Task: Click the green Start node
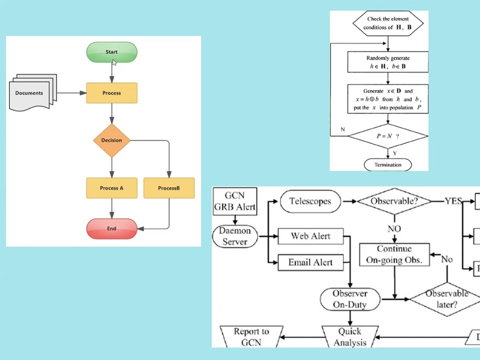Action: click(112, 52)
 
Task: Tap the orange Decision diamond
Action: click(112, 140)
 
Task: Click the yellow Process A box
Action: click(112, 188)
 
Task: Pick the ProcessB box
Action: click(169, 188)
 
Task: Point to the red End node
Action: click(112, 228)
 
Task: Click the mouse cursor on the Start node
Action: click(114, 61)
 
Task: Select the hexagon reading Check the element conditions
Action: click(389, 23)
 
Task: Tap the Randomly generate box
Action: click(389, 62)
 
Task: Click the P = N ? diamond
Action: click(389, 136)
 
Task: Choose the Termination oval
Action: click(389, 164)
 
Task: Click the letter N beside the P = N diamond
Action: click(343, 130)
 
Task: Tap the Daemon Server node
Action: click(235, 235)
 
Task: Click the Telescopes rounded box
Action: click(310, 201)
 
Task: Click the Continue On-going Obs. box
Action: click(394, 254)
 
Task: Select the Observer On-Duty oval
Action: click(350, 299)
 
